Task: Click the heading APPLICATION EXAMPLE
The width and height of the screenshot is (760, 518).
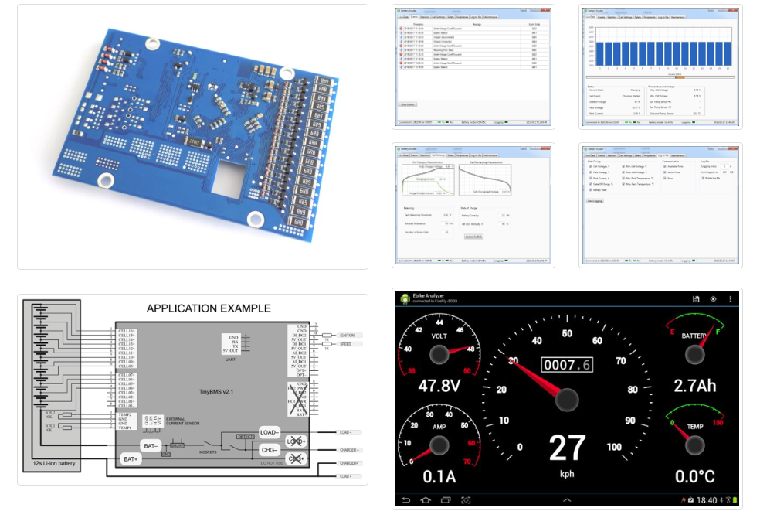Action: click(x=209, y=308)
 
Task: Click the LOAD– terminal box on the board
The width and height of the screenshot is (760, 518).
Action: click(x=270, y=432)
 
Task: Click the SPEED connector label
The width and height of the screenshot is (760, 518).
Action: click(x=347, y=344)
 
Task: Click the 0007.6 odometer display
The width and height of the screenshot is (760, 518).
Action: click(x=567, y=364)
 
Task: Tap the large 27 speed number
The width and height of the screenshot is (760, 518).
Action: click(x=567, y=448)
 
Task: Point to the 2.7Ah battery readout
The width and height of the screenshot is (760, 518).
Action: click(x=694, y=385)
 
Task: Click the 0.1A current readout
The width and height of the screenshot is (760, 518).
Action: click(x=438, y=476)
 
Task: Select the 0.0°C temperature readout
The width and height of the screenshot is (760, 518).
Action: click(x=694, y=476)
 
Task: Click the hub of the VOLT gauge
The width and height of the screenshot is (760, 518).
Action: click(x=439, y=354)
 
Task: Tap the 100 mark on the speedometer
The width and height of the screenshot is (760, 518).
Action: click(x=615, y=447)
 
